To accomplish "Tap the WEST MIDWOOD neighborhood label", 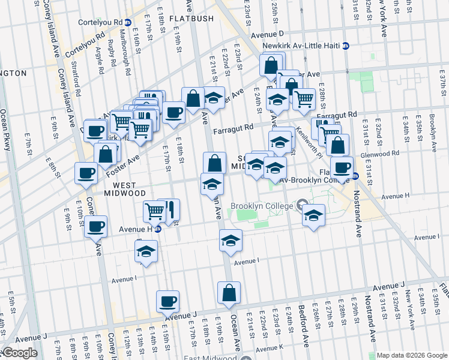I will [121, 190].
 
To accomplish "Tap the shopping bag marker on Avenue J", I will [229, 293].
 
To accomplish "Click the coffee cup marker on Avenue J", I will [168, 301].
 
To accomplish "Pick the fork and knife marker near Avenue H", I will [170, 210].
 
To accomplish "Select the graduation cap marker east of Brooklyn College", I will [313, 215].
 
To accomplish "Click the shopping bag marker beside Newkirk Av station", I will [271, 65].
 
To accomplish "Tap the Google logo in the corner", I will [20, 353].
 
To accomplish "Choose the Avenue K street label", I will [269, 348].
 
